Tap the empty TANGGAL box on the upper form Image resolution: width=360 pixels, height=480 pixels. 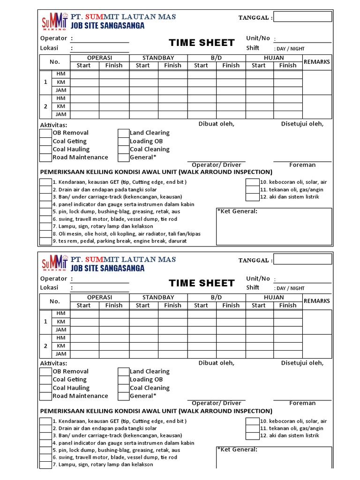(x=302, y=17)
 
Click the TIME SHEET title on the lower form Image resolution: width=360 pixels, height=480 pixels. (x=202, y=283)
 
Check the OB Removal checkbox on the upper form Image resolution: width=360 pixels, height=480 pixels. (x=45, y=133)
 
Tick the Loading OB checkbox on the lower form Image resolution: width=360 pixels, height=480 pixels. (x=123, y=380)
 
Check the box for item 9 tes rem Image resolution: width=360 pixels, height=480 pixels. (x=45, y=241)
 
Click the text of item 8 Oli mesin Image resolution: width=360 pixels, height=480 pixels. (x=127, y=234)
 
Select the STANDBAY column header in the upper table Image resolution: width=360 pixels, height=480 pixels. (x=158, y=58)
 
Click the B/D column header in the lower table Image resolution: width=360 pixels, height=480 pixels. (x=216, y=297)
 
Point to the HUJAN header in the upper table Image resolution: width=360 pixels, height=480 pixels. (x=274, y=58)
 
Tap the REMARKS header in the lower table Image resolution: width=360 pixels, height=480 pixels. (x=317, y=301)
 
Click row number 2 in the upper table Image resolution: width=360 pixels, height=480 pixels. (x=45, y=106)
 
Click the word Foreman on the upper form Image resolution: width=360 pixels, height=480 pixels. (x=302, y=165)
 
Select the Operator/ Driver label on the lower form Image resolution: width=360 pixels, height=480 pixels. (x=217, y=403)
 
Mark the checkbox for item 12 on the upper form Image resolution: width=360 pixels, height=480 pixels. (x=252, y=197)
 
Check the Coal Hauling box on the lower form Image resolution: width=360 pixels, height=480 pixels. (x=45, y=388)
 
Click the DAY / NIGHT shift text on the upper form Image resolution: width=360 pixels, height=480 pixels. (x=289, y=49)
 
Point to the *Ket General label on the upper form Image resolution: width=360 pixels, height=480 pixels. (x=237, y=211)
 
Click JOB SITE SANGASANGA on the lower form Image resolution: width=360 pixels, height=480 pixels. (x=108, y=269)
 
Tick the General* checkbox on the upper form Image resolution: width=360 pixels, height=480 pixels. (x=123, y=157)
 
